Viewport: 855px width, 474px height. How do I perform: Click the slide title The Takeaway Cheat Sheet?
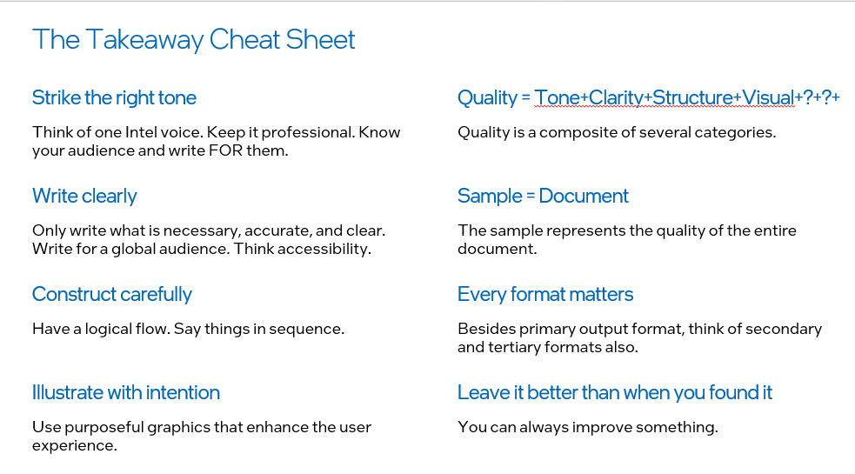coord(194,40)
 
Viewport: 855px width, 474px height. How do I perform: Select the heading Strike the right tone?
coord(114,98)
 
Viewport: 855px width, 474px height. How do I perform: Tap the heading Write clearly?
coord(84,197)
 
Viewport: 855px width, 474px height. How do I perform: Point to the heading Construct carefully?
coord(112,295)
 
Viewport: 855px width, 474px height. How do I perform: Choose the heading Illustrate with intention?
coord(126,393)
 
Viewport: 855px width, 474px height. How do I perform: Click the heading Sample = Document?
coord(543,197)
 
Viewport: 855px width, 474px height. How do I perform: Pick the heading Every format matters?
coord(545,295)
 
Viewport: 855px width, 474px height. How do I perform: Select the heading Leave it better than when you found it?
coord(615,393)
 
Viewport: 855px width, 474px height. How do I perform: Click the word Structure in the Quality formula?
coord(692,98)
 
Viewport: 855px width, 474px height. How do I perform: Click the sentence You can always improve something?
coord(588,427)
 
